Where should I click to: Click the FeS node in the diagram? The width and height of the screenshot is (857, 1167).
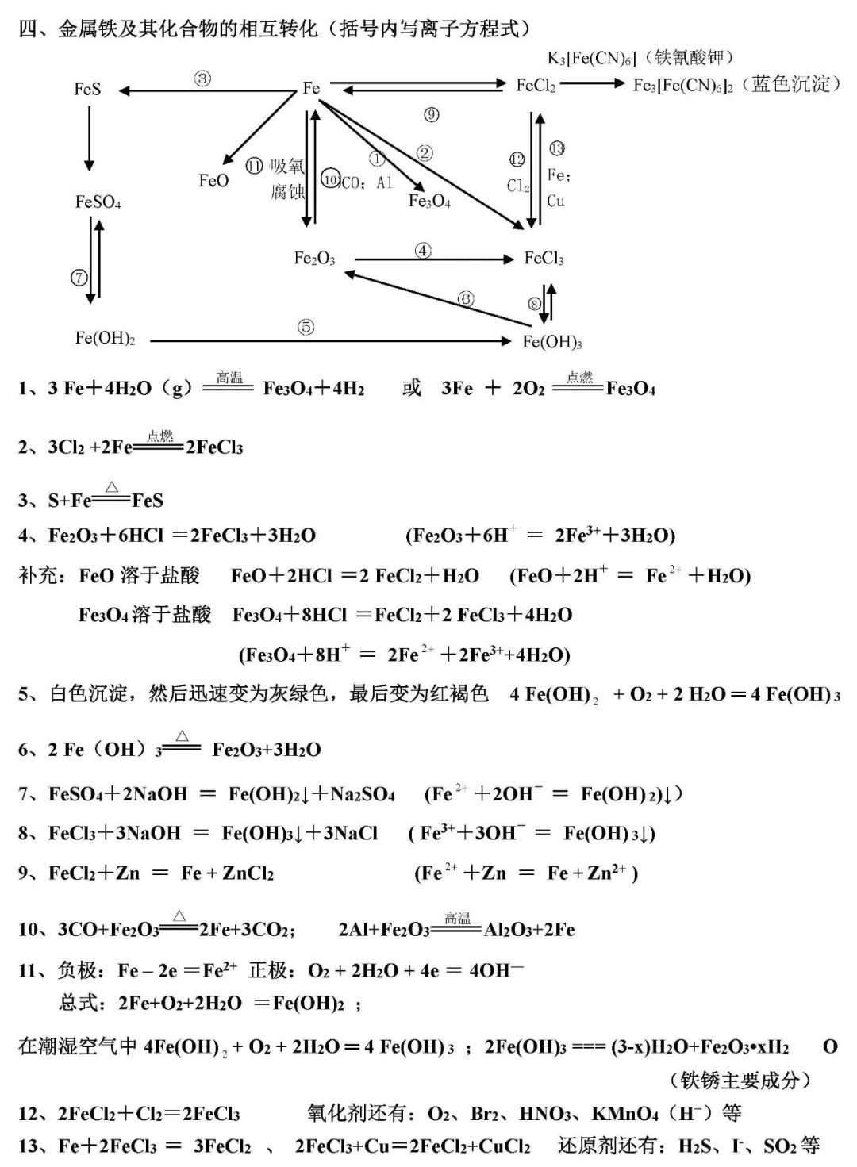(87, 89)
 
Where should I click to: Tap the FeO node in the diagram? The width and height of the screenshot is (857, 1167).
(213, 181)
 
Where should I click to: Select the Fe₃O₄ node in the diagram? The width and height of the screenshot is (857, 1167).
(429, 202)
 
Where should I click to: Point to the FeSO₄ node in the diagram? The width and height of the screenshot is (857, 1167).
(98, 202)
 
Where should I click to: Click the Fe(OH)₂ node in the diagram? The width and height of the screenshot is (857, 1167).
(105, 339)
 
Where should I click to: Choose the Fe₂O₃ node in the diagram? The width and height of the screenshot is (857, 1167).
(314, 259)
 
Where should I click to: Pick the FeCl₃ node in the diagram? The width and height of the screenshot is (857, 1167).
(544, 259)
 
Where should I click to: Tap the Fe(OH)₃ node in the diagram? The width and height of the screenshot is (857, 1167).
(552, 342)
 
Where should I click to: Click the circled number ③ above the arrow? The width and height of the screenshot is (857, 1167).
(202, 78)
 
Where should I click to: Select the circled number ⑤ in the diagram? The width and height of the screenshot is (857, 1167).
(306, 327)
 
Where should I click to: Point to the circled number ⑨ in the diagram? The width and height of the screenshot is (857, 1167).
(431, 115)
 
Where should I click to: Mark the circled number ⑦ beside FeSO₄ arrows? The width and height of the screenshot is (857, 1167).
(79, 278)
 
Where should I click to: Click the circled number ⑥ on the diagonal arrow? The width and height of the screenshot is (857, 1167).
(466, 299)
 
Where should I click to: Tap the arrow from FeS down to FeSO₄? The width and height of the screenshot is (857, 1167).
(89, 138)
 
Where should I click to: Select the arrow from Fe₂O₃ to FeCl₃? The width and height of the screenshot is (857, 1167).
(434, 259)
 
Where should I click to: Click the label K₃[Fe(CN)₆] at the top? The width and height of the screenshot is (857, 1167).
(591, 59)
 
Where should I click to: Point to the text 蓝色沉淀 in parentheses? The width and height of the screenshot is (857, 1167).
(790, 84)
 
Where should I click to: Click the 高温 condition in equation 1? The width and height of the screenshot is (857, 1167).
(229, 378)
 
